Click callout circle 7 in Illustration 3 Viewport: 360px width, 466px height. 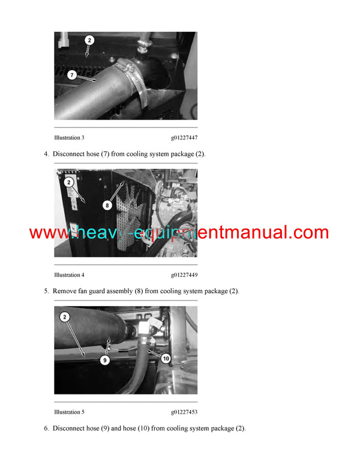(72, 75)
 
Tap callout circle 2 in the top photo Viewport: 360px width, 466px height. (89, 40)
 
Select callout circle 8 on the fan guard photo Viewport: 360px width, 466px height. (107, 205)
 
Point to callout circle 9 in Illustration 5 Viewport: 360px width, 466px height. (104, 360)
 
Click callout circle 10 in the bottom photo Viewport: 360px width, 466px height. (166, 359)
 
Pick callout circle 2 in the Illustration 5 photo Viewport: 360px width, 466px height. (65, 317)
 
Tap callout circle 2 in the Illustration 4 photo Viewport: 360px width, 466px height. (69, 182)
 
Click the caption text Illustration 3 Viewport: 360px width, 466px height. (69, 138)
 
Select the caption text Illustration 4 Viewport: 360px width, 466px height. (69, 275)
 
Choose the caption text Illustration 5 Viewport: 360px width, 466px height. (69, 412)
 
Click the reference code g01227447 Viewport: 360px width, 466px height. (184, 138)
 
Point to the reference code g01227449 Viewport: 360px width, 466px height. (184, 275)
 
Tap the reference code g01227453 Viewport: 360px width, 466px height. (184, 412)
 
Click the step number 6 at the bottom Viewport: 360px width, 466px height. (46, 428)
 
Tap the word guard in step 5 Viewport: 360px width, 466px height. (97, 291)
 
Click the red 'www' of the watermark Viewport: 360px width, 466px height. (50, 232)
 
